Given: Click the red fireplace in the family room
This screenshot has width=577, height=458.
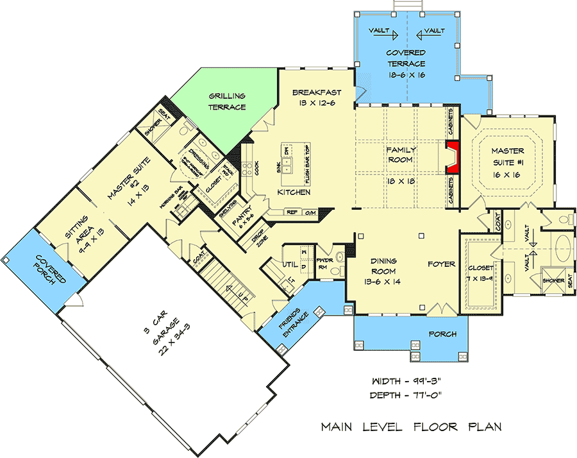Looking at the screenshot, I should coord(453,158).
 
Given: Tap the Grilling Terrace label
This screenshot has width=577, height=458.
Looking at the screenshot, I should coord(227,102).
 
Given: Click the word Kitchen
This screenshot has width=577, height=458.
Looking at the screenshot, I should coord(294,192).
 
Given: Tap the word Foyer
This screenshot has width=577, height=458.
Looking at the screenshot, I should coord(442,264).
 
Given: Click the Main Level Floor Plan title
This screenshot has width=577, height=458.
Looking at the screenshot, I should coord(411,427).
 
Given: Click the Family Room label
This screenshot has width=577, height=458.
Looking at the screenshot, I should coord(400,155).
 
